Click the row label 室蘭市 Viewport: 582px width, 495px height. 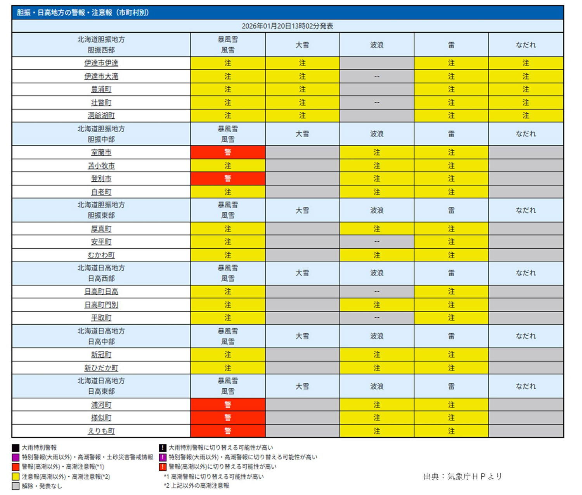[x=101, y=152]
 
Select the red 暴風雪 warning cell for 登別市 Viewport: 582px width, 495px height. [x=228, y=178]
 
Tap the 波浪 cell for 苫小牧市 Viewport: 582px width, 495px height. [x=376, y=166]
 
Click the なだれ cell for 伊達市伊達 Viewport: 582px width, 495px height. [x=525, y=63]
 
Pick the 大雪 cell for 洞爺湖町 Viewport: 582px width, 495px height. [x=302, y=116]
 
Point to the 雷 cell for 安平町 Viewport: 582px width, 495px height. [x=451, y=242]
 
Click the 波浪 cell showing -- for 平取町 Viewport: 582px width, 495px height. [x=376, y=318]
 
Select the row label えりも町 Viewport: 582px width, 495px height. [x=101, y=431]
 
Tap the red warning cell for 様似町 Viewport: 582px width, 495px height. [x=228, y=418]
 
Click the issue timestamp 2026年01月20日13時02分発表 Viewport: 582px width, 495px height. [x=287, y=26]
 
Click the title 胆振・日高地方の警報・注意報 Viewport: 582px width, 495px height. [x=83, y=12]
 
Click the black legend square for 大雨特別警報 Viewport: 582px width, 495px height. [x=16, y=448]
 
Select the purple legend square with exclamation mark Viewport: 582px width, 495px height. [x=163, y=457]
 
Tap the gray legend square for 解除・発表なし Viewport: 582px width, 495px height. [x=16, y=486]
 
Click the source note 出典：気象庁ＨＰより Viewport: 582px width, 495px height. [x=462, y=476]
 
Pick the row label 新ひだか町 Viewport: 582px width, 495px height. [x=101, y=368]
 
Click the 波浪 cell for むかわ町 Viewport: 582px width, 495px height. [x=376, y=255]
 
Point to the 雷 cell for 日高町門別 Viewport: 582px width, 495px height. [x=451, y=305]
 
